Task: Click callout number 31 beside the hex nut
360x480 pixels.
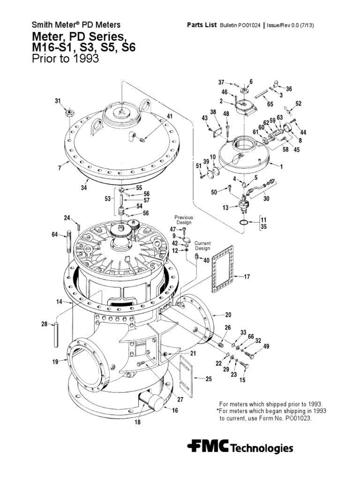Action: (58, 101)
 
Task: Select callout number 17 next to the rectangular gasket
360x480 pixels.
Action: (247, 277)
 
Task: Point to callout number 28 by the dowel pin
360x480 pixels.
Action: (44, 324)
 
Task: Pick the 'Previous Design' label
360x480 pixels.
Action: (184, 220)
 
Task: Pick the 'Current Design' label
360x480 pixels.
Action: (202, 246)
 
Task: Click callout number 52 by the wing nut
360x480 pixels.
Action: (298, 104)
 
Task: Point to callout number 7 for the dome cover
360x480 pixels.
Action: (60, 168)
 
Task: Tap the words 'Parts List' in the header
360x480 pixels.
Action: (202, 25)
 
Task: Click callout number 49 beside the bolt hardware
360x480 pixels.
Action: (266, 346)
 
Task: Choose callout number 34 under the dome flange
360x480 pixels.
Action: (85, 188)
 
